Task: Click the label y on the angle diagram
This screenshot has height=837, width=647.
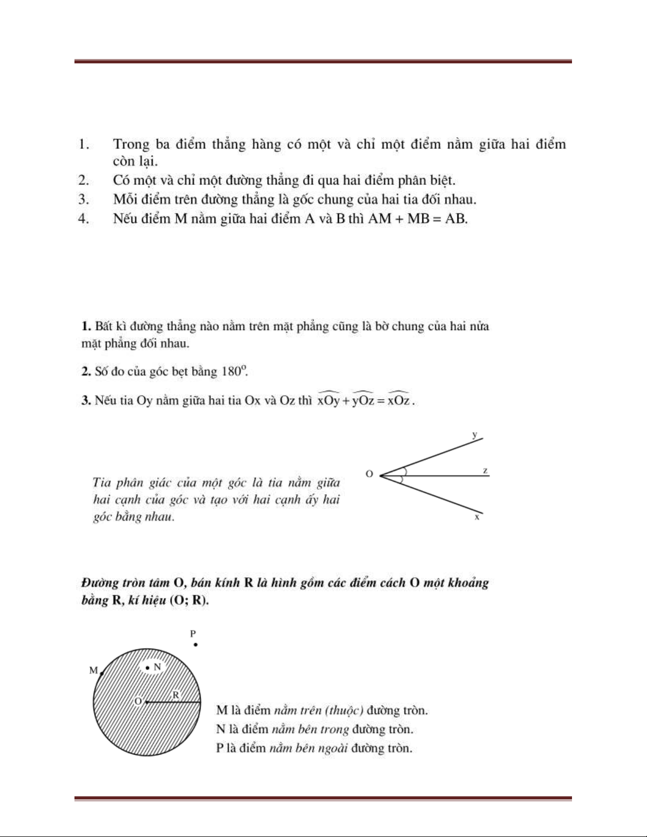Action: pos(474,435)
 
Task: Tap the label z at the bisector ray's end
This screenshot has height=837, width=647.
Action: pos(485,471)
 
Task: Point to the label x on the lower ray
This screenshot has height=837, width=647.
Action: pos(476,518)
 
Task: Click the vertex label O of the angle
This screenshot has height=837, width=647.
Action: pos(369,474)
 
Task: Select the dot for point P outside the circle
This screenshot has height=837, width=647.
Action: pos(195,644)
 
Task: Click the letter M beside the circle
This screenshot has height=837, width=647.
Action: pos(93,671)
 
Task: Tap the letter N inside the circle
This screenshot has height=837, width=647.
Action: pos(157,667)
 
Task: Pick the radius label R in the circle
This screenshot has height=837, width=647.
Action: pos(176,695)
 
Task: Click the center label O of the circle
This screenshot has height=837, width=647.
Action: pos(138,701)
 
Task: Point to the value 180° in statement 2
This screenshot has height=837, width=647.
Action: pos(234,371)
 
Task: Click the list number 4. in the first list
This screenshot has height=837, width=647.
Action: pos(83,219)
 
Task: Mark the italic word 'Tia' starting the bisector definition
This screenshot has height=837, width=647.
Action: pos(102,482)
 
